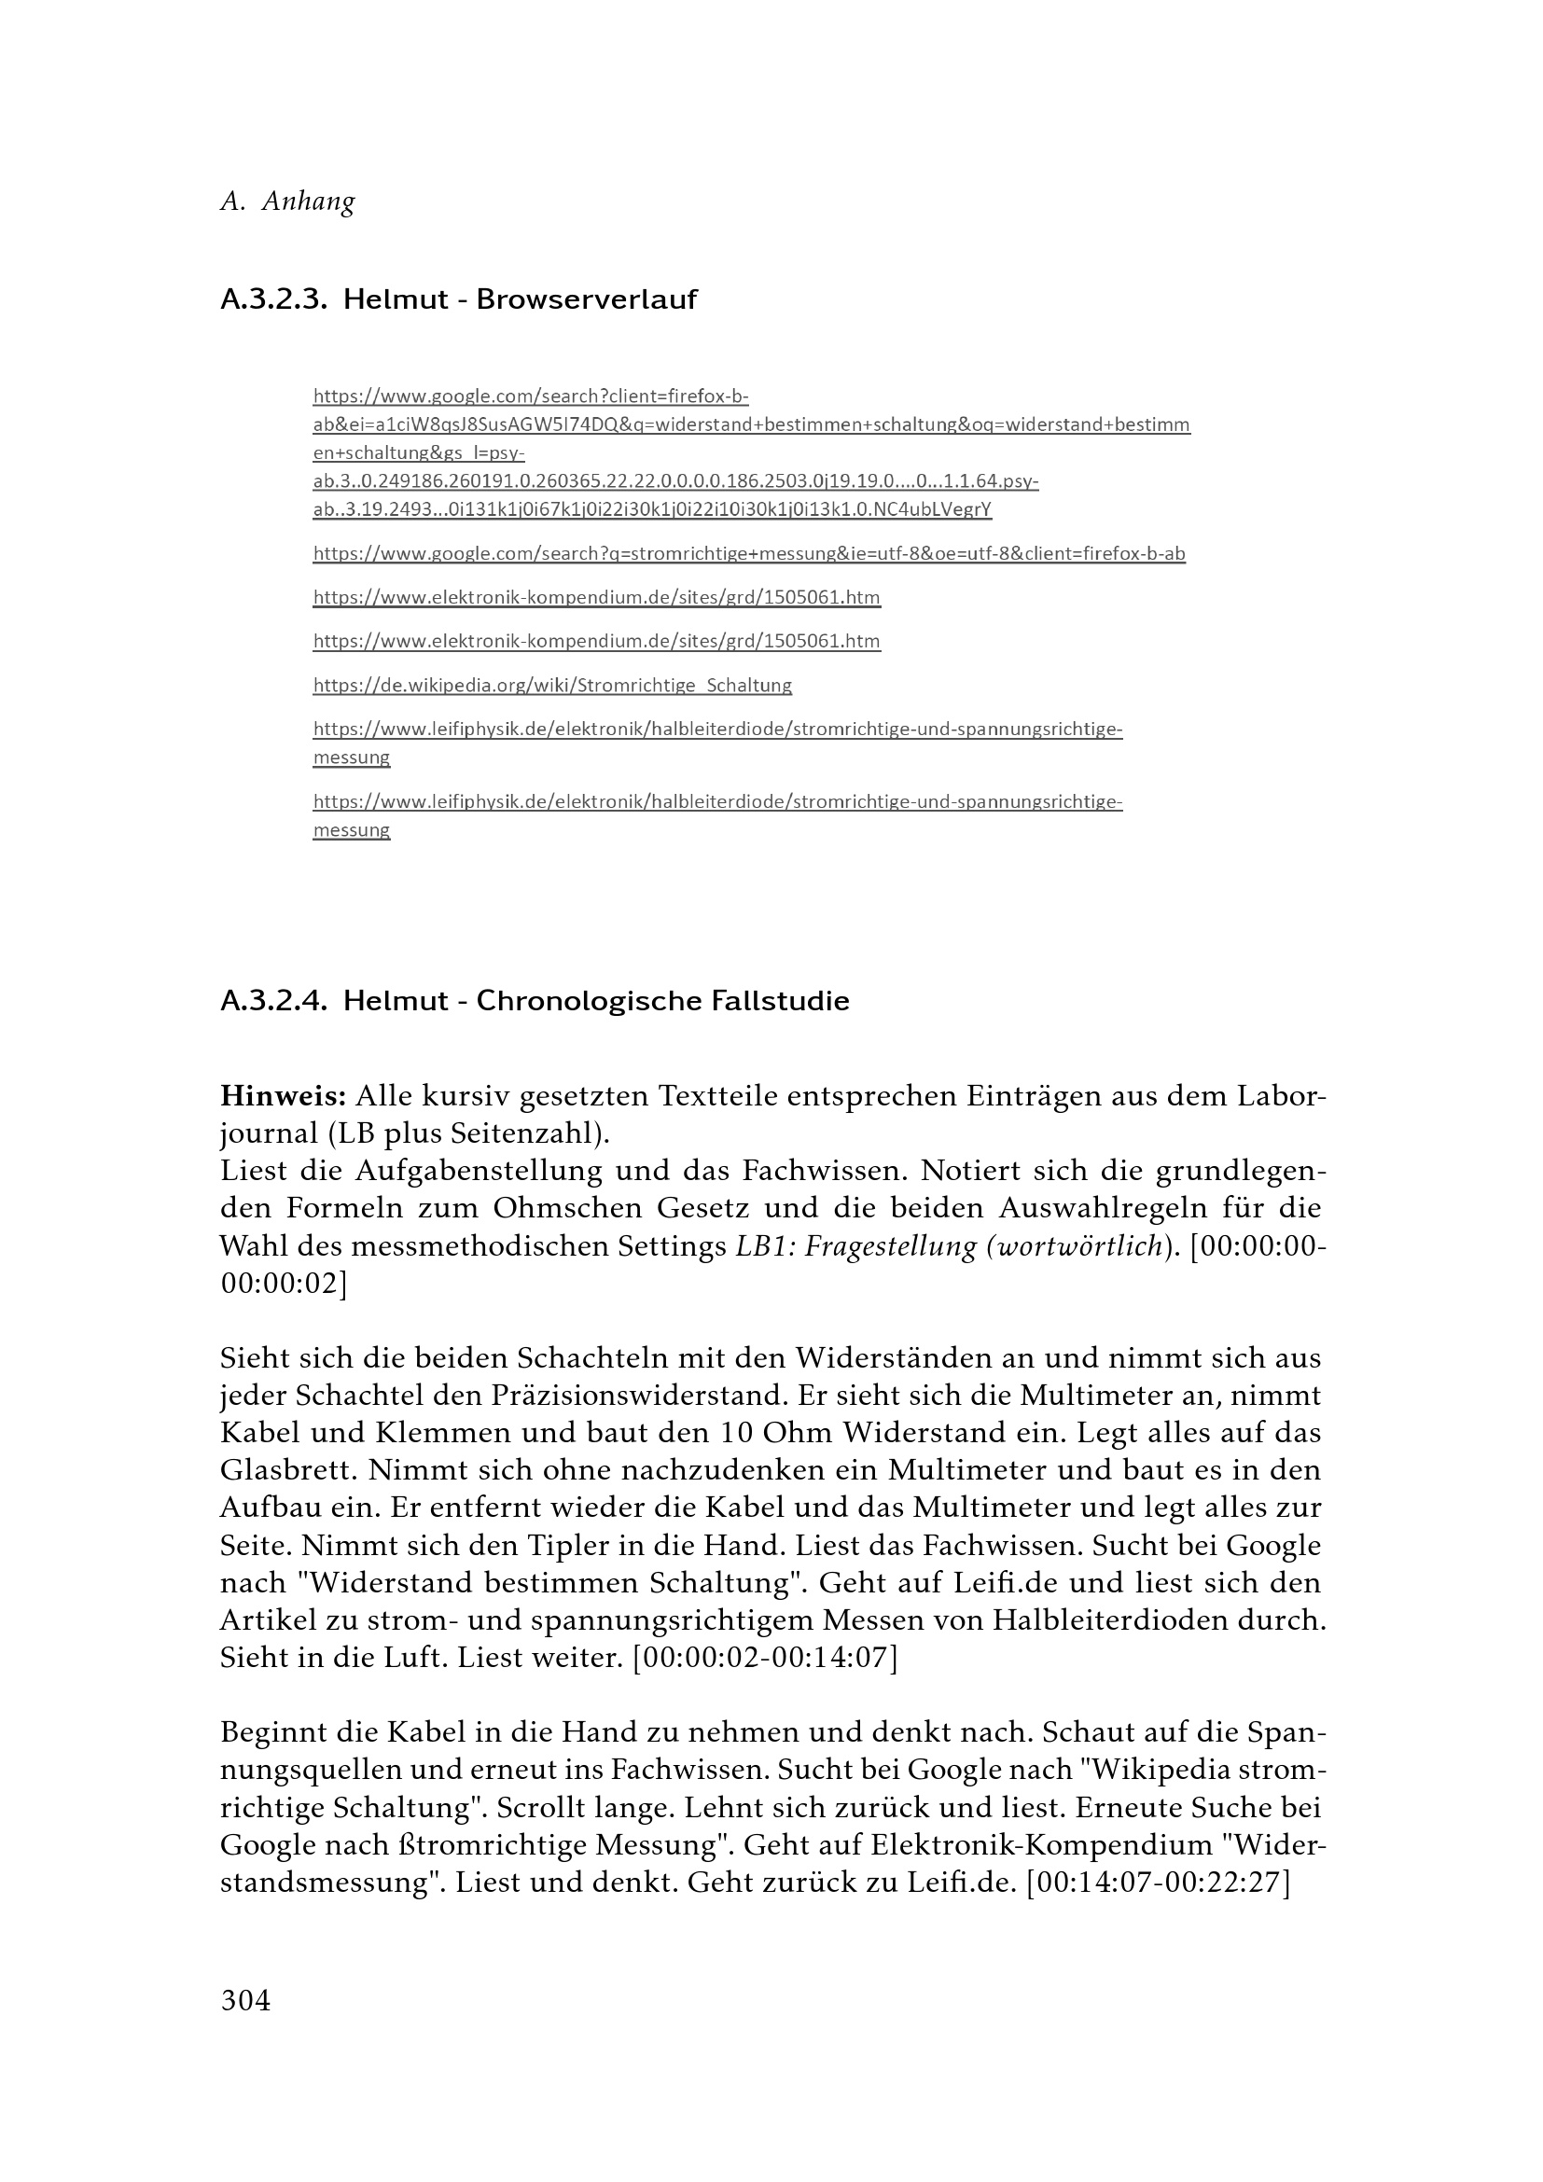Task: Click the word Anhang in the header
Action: pyautogui.click(x=308, y=202)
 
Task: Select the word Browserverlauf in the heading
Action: pyautogui.click(x=586, y=299)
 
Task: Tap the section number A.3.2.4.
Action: pyautogui.click(x=273, y=1001)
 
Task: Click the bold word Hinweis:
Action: pyautogui.click(x=282, y=1097)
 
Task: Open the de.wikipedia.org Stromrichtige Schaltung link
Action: pyautogui.click(x=552, y=686)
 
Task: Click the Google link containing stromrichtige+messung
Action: pyautogui.click(x=749, y=553)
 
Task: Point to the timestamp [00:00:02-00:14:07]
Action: pyautogui.click(x=764, y=1657)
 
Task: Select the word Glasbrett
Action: pyautogui.click(x=288, y=1469)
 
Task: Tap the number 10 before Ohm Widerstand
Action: pyautogui.click(x=737, y=1432)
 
